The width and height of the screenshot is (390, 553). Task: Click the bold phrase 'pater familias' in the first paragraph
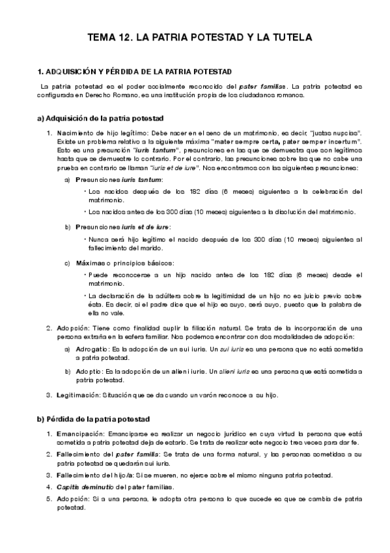262,86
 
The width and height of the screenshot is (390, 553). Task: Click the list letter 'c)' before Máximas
68,263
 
